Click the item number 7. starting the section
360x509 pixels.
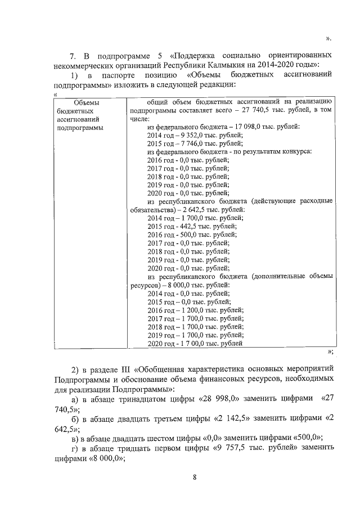tap(72, 56)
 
